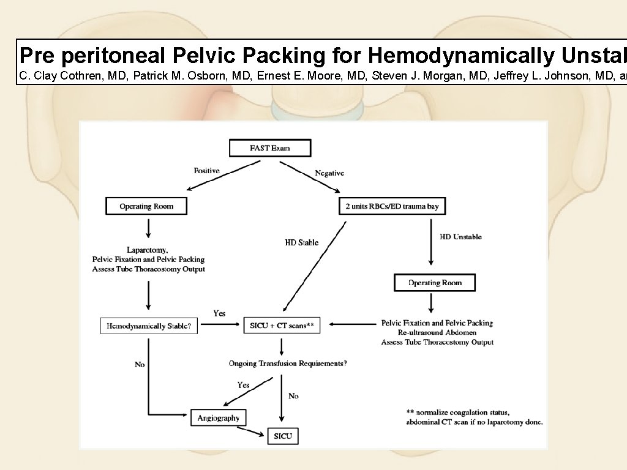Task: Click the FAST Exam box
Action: point(269,148)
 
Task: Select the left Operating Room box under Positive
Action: point(146,206)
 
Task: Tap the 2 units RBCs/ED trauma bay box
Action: point(392,206)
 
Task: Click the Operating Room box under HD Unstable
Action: point(435,283)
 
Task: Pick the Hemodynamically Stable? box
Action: point(149,326)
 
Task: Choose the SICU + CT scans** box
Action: point(282,326)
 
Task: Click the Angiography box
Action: point(219,419)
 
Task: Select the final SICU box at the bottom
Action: point(283,436)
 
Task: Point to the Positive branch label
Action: point(206,171)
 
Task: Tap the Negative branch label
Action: point(329,173)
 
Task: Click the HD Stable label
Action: point(302,242)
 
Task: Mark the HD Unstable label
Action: point(460,237)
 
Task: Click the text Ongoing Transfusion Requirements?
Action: point(288,364)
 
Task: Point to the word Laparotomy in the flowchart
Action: point(147,250)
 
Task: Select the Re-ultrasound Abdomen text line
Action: point(437,332)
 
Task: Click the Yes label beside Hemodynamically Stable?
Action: point(219,313)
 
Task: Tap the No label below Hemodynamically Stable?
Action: point(140,365)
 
